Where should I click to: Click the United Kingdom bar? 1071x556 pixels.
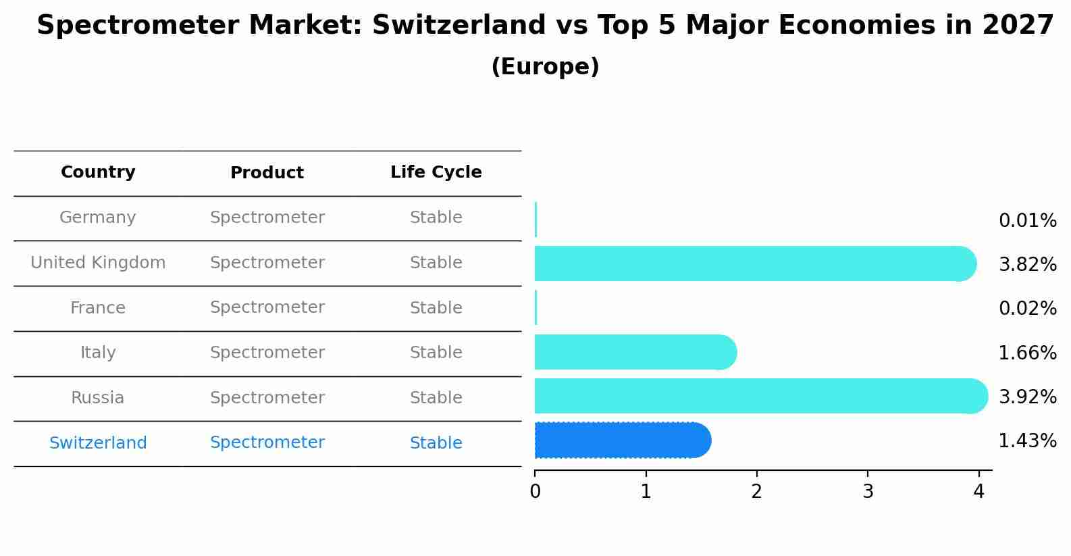coord(756,263)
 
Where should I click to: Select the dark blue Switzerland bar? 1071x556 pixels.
coord(623,440)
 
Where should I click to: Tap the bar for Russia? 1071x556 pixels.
coord(761,396)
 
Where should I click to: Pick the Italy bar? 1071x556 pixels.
coord(636,352)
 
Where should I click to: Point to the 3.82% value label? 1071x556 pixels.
coord(1028,265)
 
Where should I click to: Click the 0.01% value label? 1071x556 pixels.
coord(1028,221)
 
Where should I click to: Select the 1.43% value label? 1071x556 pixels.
coord(1028,440)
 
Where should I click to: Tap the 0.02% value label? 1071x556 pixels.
coord(1028,308)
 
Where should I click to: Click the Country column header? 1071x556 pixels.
coord(98,172)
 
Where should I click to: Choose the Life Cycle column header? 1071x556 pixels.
coord(436,172)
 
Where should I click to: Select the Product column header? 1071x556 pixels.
coord(267,172)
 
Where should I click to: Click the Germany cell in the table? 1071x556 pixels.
coord(97,218)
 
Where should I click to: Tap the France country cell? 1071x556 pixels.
coord(97,307)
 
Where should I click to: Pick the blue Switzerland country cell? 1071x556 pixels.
coord(98,443)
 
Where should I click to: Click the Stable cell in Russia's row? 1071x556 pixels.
coord(436,398)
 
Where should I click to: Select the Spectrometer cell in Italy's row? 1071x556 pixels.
coord(267,353)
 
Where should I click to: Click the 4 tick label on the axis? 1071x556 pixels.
coord(978,491)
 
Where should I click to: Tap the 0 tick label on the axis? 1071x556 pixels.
coord(535,491)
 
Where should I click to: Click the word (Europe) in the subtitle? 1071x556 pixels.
coord(545,66)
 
